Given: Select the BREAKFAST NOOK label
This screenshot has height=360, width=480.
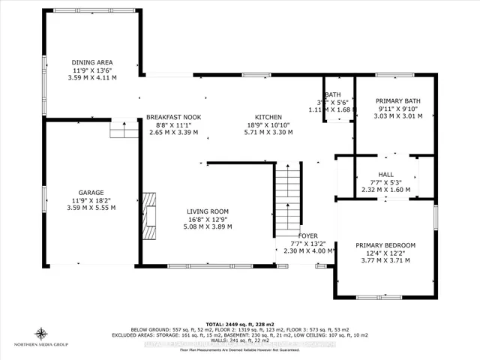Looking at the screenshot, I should (x=173, y=117).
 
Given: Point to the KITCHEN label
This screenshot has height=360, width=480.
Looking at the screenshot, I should (x=268, y=117).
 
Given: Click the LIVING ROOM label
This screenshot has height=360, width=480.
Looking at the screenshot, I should (x=208, y=211).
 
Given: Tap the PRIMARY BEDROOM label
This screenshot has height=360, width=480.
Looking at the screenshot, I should (x=385, y=245).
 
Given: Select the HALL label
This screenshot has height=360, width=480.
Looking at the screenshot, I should (x=385, y=174).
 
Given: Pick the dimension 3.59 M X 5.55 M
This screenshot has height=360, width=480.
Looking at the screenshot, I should (x=91, y=207).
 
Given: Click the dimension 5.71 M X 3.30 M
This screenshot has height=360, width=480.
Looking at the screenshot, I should (x=268, y=132).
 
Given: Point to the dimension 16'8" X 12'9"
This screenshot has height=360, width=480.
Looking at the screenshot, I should (x=208, y=219).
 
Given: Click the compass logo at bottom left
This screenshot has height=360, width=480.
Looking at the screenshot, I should (x=41, y=333).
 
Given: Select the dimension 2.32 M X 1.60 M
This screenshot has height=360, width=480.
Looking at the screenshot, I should (x=385, y=190).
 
